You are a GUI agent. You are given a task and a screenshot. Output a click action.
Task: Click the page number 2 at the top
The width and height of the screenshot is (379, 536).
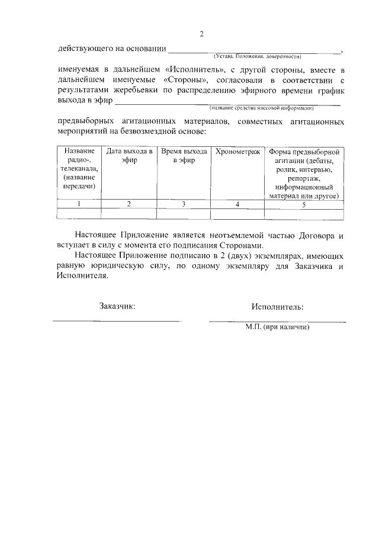click(201, 34)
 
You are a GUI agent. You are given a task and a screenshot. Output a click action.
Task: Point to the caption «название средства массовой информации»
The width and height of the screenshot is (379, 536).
click(261, 108)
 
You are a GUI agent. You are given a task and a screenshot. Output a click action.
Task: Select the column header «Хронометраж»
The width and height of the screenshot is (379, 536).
click(237, 152)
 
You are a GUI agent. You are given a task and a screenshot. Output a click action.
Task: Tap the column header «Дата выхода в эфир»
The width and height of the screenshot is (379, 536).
click(129, 156)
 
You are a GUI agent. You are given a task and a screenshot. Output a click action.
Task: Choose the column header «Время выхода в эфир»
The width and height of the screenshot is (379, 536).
click(183, 156)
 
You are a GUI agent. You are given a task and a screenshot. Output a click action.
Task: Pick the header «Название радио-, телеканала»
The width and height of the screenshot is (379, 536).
click(79, 169)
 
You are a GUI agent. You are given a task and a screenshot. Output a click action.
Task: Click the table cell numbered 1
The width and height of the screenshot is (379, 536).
click(79, 204)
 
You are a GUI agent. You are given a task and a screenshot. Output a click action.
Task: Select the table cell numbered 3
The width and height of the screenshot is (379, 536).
click(183, 204)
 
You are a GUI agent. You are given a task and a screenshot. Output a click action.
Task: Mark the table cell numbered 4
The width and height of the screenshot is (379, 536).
click(237, 204)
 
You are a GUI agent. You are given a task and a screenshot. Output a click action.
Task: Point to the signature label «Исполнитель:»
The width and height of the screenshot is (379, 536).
click(277, 307)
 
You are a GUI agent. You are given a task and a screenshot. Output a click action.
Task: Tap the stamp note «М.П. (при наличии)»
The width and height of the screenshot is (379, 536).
click(278, 326)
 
